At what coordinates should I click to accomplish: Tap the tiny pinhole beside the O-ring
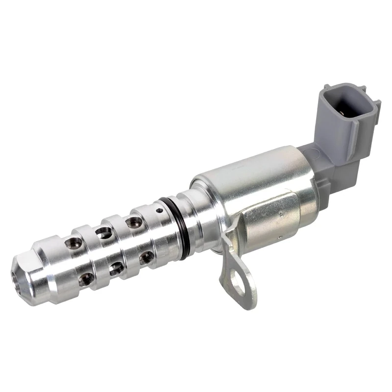[160, 210]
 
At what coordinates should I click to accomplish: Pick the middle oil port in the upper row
[103, 232]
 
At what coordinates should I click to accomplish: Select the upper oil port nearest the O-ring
[133, 223]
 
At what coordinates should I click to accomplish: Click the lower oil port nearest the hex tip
[87, 278]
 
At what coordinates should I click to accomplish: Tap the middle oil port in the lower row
[116, 268]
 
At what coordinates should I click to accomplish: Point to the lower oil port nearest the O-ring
[146, 257]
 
